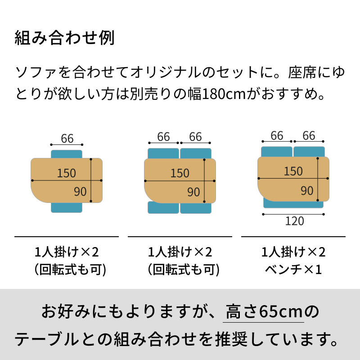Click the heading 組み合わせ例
pos(64,38)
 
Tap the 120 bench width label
pos(295,221)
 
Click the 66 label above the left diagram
pos(67,139)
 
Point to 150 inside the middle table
pos(180,173)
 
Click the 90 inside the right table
pos(307,191)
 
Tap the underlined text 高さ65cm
pos(264,312)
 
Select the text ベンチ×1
pos(293,269)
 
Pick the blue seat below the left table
pos(67,207)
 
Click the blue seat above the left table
pos(67,154)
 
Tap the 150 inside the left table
pos(66,173)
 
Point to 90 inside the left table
pos(80,192)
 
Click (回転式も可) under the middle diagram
pos(184,270)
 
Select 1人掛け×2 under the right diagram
pos(293,252)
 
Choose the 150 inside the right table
pos(293,171)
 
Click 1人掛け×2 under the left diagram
pos(67,252)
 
